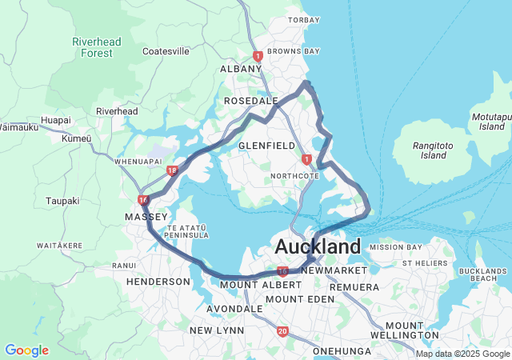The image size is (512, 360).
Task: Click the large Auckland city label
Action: point(318,246)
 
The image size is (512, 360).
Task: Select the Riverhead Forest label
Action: point(97,47)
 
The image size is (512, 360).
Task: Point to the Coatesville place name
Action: point(166,51)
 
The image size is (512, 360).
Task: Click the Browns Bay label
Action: point(293,51)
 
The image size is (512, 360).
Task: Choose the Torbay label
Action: point(304,19)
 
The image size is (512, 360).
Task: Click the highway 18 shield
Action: point(173,170)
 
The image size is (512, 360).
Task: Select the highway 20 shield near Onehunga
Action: point(282,330)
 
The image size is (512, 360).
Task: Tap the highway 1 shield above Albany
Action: point(258,56)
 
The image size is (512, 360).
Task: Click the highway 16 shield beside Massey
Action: point(142,200)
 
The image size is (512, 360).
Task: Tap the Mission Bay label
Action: point(390,247)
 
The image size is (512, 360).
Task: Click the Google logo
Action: point(26,350)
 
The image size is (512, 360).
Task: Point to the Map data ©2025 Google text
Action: point(462,354)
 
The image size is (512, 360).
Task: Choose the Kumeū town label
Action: point(77,138)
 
